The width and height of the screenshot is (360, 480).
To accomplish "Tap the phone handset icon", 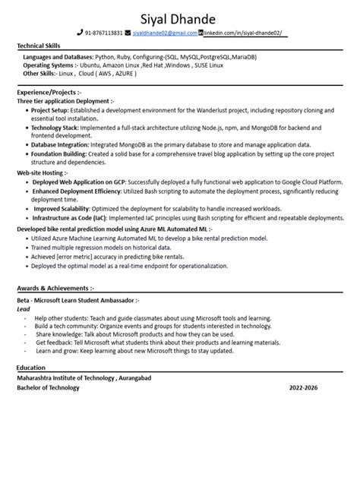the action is tap(79, 33).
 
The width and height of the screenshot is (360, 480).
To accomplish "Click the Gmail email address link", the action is tap(165, 33).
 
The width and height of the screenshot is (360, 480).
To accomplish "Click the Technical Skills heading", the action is tap(39, 47).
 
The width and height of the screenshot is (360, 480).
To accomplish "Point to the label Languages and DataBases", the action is tap(58, 57).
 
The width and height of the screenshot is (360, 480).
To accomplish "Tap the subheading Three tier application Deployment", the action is tap(65, 100).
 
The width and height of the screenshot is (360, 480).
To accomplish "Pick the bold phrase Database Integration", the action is tap(58, 143).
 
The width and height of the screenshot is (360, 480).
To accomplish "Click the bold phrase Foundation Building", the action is tap(57, 153).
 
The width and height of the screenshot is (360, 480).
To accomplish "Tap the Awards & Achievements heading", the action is tap(55, 289).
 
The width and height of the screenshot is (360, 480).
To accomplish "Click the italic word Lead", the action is tap(23, 309).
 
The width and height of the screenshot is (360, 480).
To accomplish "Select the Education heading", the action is tap(31, 368).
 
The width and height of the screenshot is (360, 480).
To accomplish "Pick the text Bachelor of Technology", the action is tap(48, 387).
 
